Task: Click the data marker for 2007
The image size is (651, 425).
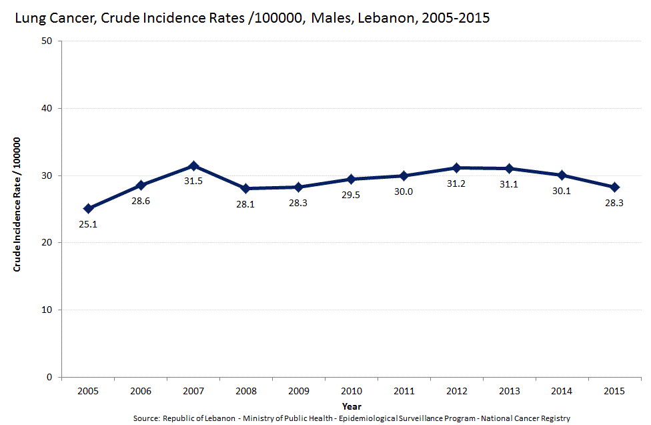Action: [x=193, y=165]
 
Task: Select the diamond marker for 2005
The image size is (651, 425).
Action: [x=88, y=208]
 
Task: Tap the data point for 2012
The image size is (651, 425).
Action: [x=456, y=167]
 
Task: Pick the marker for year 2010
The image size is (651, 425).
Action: [x=351, y=179]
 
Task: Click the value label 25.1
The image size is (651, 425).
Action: [x=88, y=224]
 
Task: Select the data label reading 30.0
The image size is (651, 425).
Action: [x=404, y=191]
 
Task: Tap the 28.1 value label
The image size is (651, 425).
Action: [x=246, y=204]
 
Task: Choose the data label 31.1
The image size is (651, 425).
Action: [x=509, y=184]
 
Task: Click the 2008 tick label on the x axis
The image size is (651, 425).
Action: [x=246, y=390]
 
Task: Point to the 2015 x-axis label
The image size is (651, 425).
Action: [x=614, y=390]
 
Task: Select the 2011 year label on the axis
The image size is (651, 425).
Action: [x=404, y=390]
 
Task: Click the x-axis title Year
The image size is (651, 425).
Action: [x=352, y=405]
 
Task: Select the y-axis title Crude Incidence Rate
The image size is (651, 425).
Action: [x=18, y=204]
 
